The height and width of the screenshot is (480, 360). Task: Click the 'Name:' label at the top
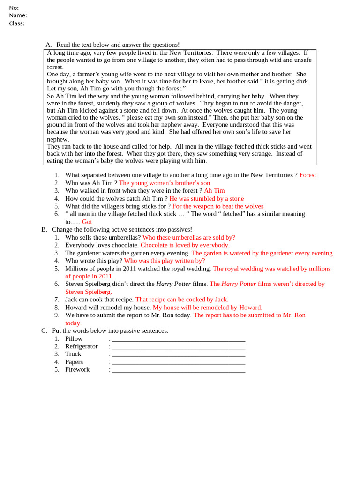pyautogui.click(x=18, y=15)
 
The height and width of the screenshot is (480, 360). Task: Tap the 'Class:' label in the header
pyautogui.click(x=17, y=23)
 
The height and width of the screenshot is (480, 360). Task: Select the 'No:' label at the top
pyautogui.click(x=14, y=7)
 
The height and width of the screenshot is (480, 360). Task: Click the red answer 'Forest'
pyautogui.click(x=307, y=175)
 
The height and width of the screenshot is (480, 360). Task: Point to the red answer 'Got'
pyautogui.click(x=87, y=222)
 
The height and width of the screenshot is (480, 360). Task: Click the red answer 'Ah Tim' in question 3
pyautogui.click(x=214, y=191)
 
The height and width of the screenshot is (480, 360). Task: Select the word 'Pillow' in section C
pyautogui.click(x=74, y=338)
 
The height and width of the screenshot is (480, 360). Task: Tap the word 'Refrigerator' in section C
pyautogui.click(x=82, y=346)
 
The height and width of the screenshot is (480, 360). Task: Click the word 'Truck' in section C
pyautogui.click(x=73, y=354)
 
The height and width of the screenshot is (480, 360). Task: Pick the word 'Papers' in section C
pyautogui.click(x=74, y=362)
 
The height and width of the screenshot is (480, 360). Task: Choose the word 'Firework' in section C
pyautogui.click(x=77, y=369)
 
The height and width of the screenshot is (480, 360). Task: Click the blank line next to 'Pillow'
pyautogui.click(x=179, y=339)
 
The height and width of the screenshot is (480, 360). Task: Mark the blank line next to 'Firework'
pyautogui.click(x=179, y=370)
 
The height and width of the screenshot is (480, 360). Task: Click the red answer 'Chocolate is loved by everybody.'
pyautogui.click(x=185, y=245)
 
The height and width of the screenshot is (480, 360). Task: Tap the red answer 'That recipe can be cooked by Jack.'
pyautogui.click(x=182, y=299)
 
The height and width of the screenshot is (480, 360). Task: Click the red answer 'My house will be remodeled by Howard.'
pyautogui.click(x=208, y=307)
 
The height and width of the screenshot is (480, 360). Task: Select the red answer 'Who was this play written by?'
pyautogui.click(x=165, y=260)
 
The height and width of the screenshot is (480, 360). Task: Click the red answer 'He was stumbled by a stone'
pyautogui.click(x=207, y=198)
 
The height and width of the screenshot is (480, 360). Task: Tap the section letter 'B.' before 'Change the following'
pyautogui.click(x=44, y=229)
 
